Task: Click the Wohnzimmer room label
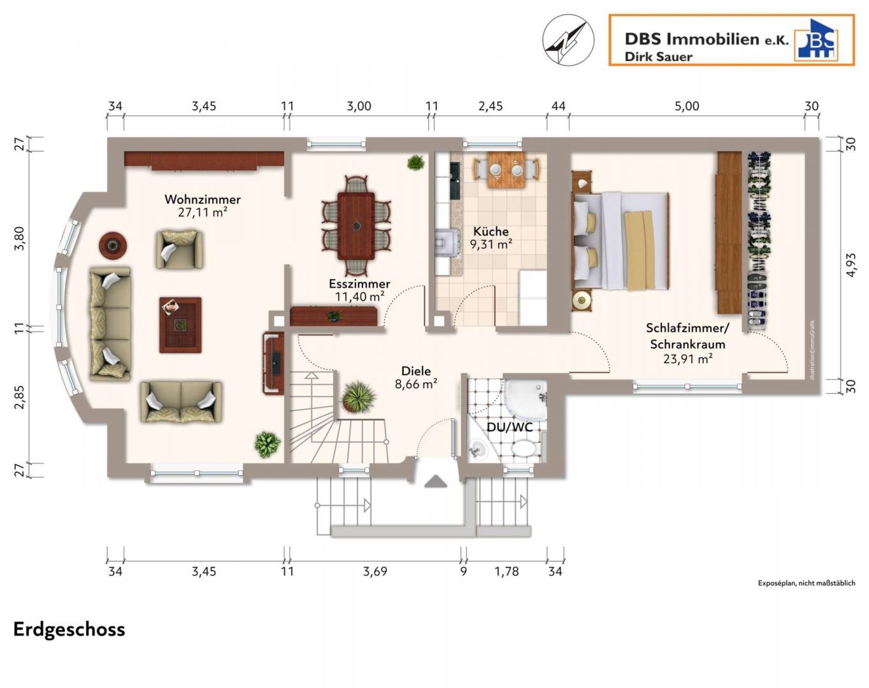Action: pyautogui.click(x=203, y=199)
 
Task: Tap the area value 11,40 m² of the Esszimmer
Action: pyautogui.click(x=359, y=297)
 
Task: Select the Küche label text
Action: pyautogui.click(x=491, y=231)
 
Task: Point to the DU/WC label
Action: pyautogui.click(x=510, y=427)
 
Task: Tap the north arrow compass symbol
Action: pyautogui.click(x=568, y=40)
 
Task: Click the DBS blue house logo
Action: pyautogui.click(x=815, y=39)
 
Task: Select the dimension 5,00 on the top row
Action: pyautogui.click(x=687, y=106)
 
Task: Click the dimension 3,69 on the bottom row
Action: pyautogui.click(x=375, y=571)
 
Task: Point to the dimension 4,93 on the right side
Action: pyautogui.click(x=850, y=265)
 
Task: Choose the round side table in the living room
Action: pyautogui.click(x=113, y=245)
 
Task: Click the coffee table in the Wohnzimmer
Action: pyautogui.click(x=180, y=325)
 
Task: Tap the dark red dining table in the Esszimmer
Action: pyautogui.click(x=355, y=226)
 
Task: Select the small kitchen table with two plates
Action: pyautogui.click(x=506, y=170)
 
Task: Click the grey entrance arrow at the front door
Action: pyautogui.click(x=436, y=481)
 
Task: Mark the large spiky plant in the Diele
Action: pyautogui.click(x=358, y=397)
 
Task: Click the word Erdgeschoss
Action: pyautogui.click(x=69, y=629)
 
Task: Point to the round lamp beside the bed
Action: pyautogui.click(x=582, y=300)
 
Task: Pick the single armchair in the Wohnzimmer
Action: pyautogui.click(x=179, y=250)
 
